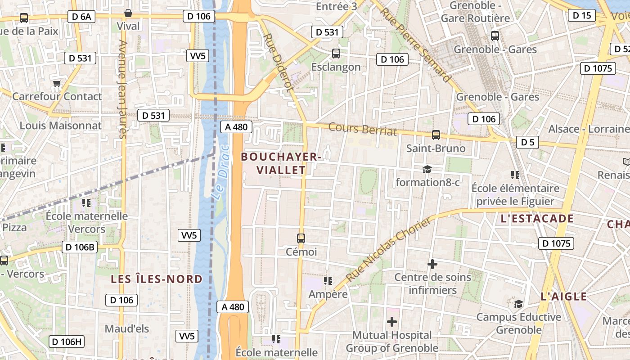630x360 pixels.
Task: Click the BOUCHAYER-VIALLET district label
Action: [x=281, y=163]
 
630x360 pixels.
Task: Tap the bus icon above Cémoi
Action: [x=301, y=238]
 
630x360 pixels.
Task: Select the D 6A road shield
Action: [x=81, y=17]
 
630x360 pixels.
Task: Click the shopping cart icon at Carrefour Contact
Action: [x=57, y=83]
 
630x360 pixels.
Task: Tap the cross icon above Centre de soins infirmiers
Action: [x=432, y=264]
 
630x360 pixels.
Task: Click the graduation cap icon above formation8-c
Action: [x=427, y=169]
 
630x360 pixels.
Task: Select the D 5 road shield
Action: [x=527, y=143]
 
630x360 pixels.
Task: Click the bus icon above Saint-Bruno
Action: [x=436, y=135]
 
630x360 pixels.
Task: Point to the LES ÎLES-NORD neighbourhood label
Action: [x=157, y=279]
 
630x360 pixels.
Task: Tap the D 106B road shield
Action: [x=79, y=247]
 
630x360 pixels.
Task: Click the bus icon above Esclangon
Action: [x=336, y=54]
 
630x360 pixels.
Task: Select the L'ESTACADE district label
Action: [x=537, y=219]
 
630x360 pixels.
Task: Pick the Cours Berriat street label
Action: [x=363, y=129]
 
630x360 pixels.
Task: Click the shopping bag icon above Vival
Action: [x=128, y=13]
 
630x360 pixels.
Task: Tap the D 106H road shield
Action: [x=66, y=342]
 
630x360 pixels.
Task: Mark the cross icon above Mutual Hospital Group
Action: [x=392, y=321]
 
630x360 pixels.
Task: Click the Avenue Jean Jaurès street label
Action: [x=122, y=89]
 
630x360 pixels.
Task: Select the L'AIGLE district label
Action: [x=563, y=297]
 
